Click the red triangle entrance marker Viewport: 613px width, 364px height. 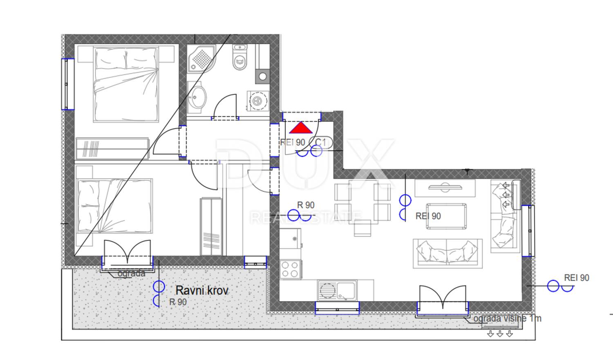tap(301, 128)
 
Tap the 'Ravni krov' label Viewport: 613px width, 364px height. tap(202, 290)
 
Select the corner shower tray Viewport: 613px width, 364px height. tap(201, 59)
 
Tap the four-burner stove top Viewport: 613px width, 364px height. tap(290, 270)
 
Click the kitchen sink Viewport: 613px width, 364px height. tap(337, 290)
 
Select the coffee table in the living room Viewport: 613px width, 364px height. tap(446, 216)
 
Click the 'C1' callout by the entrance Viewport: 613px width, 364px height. tap(320, 142)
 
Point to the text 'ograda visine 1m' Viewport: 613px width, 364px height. tap(508, 319)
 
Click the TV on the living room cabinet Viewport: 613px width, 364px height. tap(445, 188)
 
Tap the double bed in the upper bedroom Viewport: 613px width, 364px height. tap(126, 84)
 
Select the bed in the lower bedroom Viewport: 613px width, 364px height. tap(115, 206)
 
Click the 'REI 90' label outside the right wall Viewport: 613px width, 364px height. tap(577, 278)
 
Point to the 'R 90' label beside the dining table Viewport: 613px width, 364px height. tap(306, 205)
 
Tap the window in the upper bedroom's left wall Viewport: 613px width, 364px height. tap(67, 84)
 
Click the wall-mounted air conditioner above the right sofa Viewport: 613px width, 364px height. tap(517, 195)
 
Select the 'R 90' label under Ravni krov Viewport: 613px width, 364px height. tap(178, 302)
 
